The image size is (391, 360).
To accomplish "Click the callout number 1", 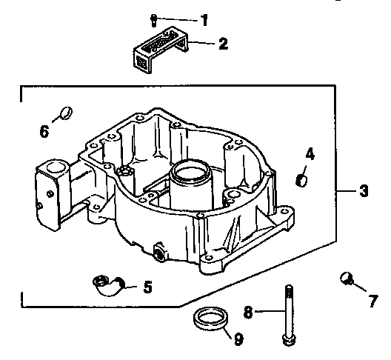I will [x=204, y=19].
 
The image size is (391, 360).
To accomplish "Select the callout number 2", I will [x=223, y=44].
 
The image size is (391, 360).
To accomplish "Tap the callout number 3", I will [x=364, y=192].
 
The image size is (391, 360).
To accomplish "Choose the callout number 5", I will [x=147, y=285].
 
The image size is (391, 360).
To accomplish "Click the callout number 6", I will [x=44, y=133].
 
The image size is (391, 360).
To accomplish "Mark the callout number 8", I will [x=249, y=312].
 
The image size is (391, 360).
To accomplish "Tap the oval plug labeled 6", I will [x=64, y=113].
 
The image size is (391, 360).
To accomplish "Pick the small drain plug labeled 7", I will [x=344, y=278].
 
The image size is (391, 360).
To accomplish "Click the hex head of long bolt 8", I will [x=287, y=340].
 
